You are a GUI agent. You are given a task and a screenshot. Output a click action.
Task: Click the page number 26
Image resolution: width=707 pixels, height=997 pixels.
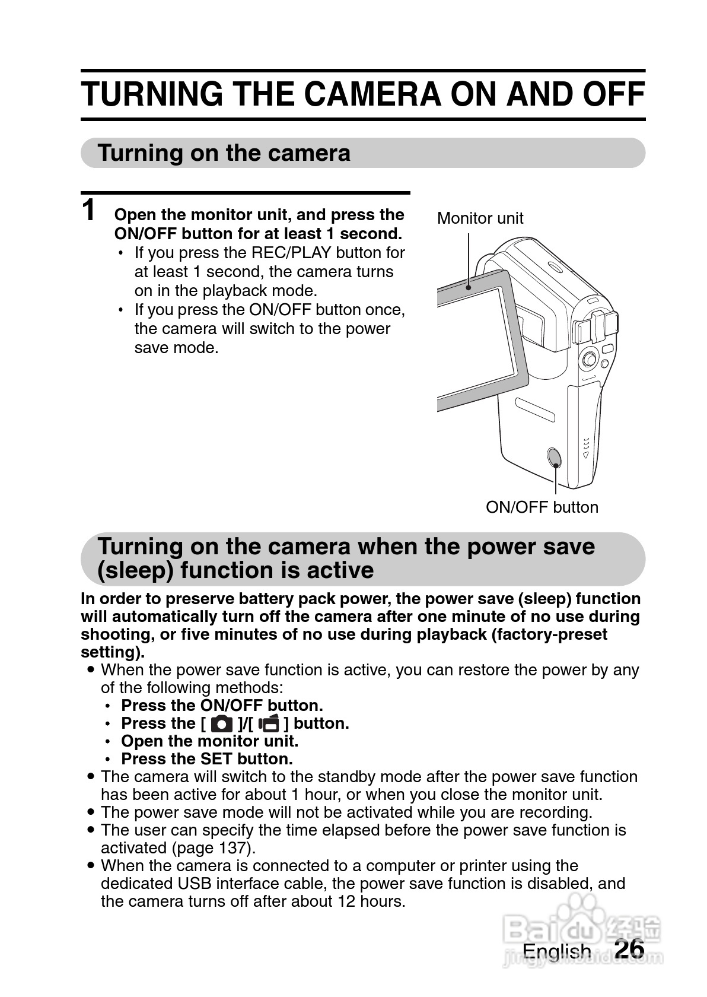pos(629,949)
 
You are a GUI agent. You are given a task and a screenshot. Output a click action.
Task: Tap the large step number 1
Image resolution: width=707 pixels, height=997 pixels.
pos(89,211)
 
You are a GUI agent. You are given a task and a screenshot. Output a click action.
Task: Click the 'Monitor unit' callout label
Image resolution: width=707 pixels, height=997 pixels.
pos(480,218)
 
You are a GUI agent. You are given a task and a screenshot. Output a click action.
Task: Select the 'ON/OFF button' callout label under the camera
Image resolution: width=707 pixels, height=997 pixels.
pos(542,507)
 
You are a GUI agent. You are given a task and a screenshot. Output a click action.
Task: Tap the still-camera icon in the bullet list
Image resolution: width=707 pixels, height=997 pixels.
pos(222,724)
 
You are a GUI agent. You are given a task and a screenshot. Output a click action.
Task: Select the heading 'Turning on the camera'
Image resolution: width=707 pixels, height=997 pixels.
pos(224,153)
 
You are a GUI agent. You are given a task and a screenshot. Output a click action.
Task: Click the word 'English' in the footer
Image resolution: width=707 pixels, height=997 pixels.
pos(556,951)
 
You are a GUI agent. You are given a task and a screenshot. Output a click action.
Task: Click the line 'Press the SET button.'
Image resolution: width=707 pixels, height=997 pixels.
pos(207,759)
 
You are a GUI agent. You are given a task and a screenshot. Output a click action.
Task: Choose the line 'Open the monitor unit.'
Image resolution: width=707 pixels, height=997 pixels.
pos(209,741)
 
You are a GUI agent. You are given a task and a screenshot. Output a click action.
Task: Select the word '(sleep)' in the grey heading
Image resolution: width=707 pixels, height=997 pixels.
pos(135,570)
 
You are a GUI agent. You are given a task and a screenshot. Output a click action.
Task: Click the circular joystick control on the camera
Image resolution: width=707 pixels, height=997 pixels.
pos(588,358)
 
